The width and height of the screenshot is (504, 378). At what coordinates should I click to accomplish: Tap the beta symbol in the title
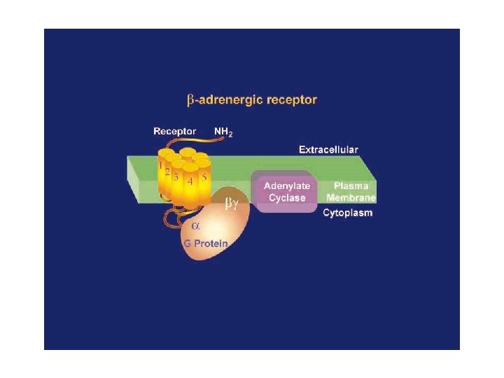coord(190,100)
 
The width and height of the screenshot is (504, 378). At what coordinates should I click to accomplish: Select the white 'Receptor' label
coord(175,132)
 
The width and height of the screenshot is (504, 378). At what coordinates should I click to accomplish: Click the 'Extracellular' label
coord(328,149)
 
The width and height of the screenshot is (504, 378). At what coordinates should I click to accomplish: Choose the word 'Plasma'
coord(351,186)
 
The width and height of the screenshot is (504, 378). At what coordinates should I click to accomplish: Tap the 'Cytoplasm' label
coord(347,213)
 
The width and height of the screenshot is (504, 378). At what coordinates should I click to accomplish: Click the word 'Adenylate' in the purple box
coord(286,186)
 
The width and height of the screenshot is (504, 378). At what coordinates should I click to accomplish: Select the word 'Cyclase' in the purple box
coord(287,197)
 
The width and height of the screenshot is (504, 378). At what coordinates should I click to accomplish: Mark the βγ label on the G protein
coord(231,203)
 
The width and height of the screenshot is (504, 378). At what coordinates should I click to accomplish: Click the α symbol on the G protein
coord(196,226)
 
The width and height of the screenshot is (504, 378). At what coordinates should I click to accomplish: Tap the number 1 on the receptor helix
coord(160,167)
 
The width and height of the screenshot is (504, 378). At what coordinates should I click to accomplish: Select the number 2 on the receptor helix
coord(167,172)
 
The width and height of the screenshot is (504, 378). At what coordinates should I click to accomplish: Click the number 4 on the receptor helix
coord(190,181)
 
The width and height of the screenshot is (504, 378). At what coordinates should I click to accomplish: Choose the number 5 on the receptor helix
coord(204,177)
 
